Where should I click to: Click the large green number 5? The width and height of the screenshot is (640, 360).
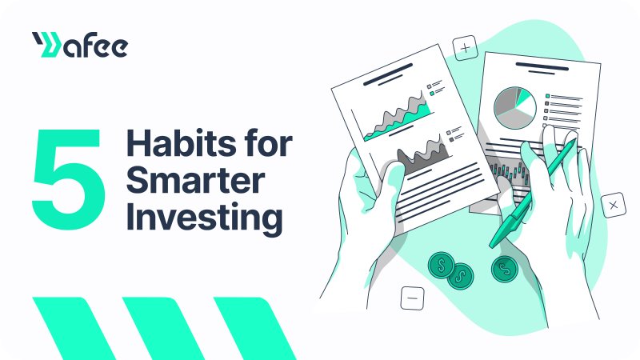coord(69,179)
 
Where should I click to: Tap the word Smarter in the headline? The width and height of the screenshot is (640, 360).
coord(196,180)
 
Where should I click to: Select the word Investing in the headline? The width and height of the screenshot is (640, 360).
coord(205,218)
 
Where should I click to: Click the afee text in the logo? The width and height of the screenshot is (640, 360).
coord(95,45)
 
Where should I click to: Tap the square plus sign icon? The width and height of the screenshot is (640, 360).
coord(466,48)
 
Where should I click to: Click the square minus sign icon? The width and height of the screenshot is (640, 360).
coord(412,298)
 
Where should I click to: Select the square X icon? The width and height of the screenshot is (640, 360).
coord(614,206)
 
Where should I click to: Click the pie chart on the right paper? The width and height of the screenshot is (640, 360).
coord(515,108)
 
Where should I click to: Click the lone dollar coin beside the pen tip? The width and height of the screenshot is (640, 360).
coord(505,269)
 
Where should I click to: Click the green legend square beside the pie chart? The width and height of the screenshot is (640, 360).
coord(548,96)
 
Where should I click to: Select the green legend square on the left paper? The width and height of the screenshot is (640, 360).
coord(432,94)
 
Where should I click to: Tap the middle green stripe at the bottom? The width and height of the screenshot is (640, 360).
coord(163,329)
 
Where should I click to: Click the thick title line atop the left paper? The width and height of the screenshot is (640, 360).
coord(388,74)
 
